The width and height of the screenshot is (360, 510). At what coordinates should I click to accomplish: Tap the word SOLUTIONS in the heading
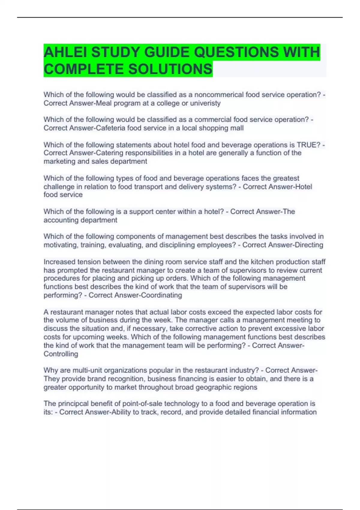[170, 69]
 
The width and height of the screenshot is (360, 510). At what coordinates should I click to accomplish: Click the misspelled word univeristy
[205, 103]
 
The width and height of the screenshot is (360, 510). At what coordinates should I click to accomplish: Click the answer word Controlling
[61, 354]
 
